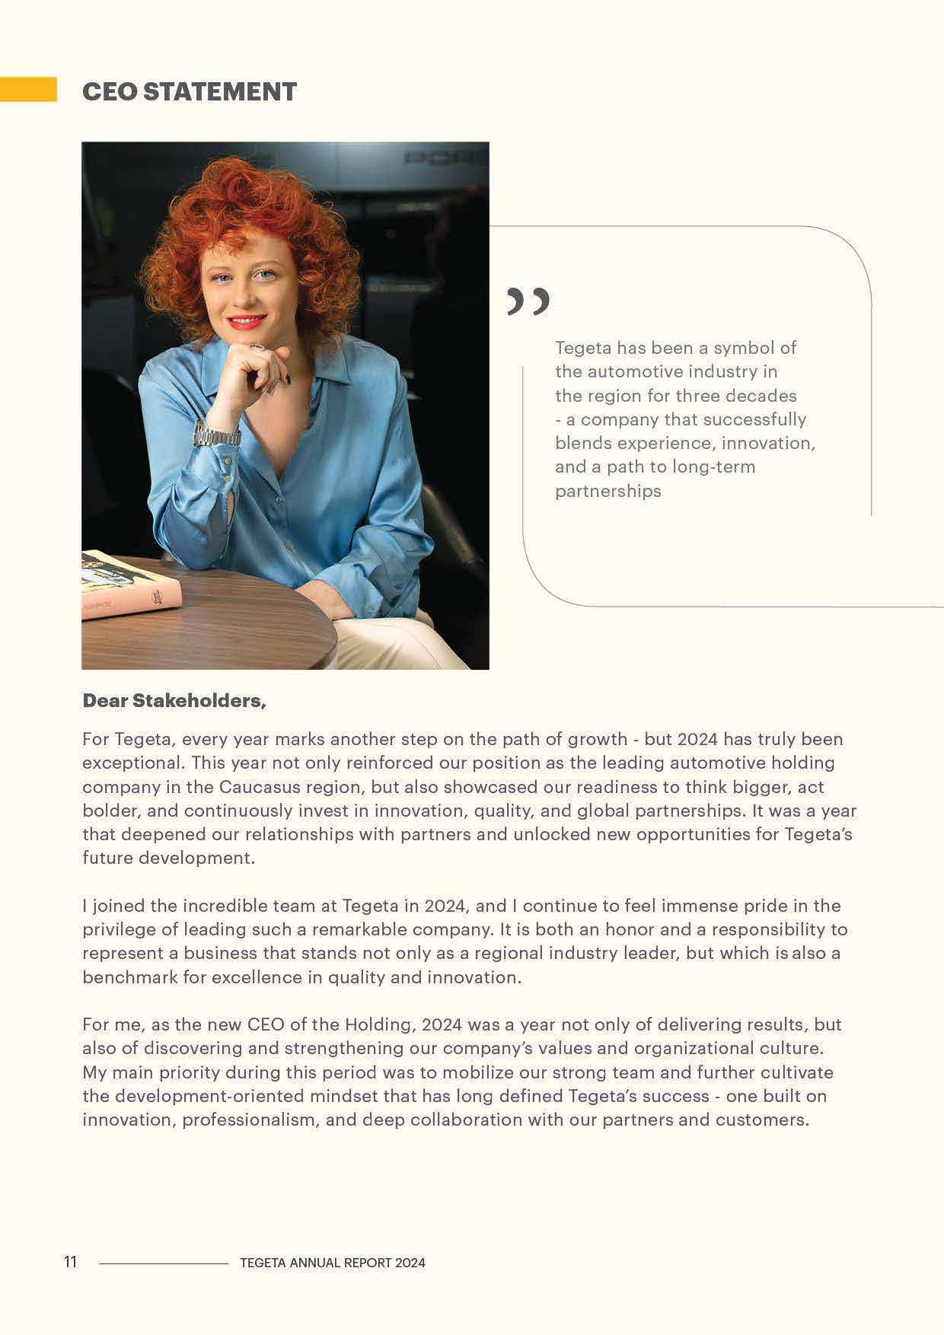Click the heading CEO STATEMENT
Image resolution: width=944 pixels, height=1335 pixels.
189,91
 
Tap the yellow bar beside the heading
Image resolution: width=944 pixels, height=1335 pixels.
28,89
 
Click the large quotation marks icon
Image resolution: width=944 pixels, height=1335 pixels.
528,301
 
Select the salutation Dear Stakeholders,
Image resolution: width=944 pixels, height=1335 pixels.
174,700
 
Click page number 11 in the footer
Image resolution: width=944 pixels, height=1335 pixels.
71,1262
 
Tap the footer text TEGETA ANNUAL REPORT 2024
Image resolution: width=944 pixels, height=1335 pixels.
332,1263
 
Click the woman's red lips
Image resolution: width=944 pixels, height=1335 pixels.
245,321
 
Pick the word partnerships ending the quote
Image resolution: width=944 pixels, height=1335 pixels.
608,491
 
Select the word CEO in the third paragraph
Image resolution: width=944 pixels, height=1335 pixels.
266,1024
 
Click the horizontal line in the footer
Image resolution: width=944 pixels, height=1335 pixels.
164,1263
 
